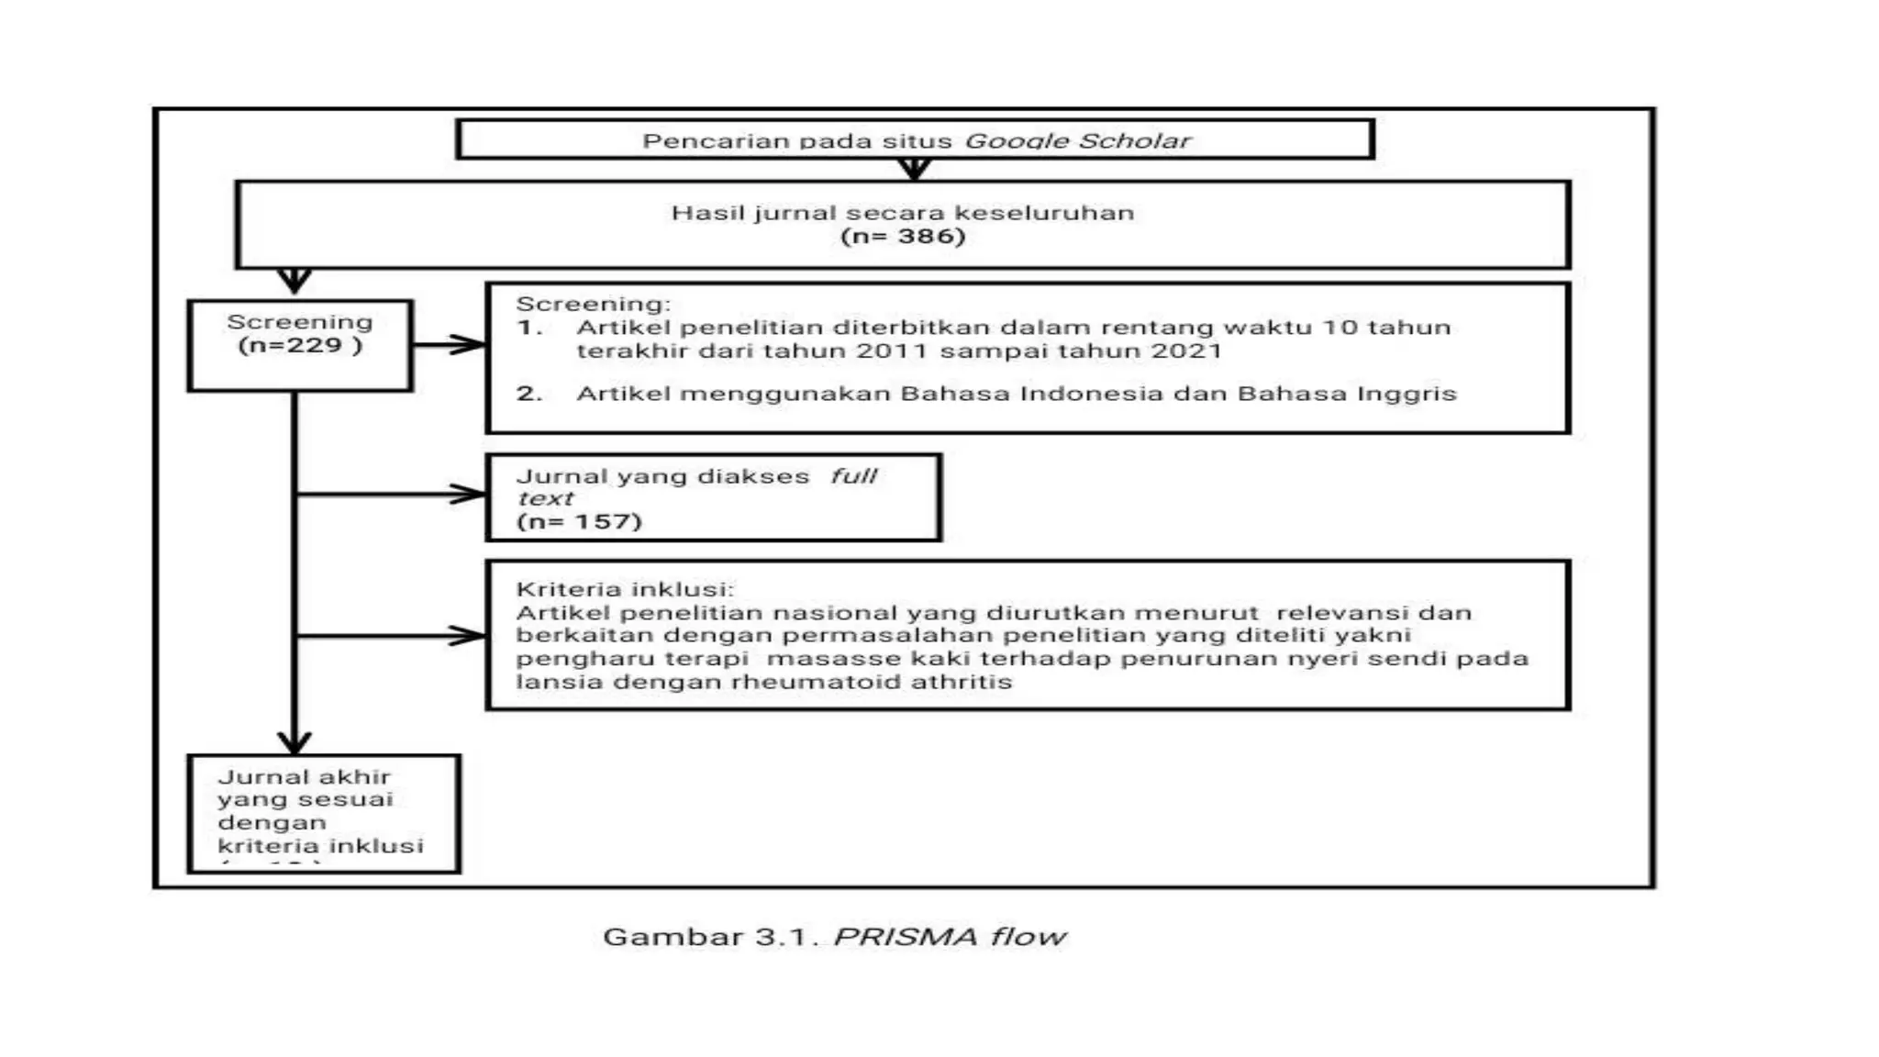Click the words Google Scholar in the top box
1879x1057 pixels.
[x=1077, y=141]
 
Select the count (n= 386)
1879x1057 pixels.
[x=903, y=237]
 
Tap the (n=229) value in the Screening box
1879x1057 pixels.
[x=300, y=346]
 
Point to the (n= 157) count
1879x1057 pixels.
[x=579, y=522]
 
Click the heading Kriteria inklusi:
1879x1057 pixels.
[x=625, y=589]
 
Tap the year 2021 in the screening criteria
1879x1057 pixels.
[x=1189, y=351]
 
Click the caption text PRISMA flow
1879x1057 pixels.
[x=950, y=937]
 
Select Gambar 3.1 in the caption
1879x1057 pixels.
[x=706, y=937]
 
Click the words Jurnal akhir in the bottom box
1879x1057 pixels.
[x=304, y=777]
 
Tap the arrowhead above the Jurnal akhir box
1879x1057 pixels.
[x=295, y=741]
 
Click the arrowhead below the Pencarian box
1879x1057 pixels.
[x=914, y=170]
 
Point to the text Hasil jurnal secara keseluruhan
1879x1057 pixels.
[x=903, y=213]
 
